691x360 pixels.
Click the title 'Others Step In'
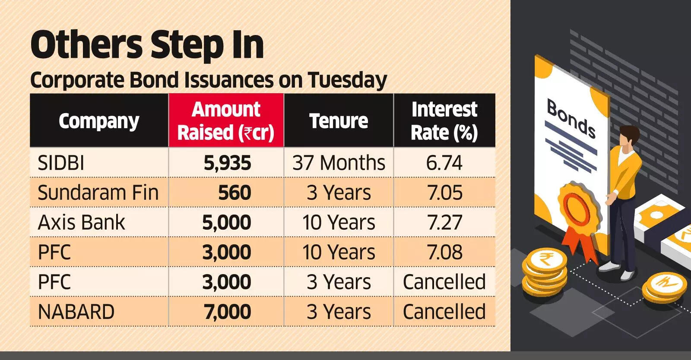pos(147,45)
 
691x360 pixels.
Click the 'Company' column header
pos(99,121)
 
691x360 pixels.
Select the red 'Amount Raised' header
pos(226,121)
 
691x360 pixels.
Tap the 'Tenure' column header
pos(339,121)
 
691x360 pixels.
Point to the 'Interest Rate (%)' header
pos(444,121)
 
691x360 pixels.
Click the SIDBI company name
pos(61,163)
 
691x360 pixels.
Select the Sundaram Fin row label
pos(98,193)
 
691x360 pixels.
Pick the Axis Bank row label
pos(81,223)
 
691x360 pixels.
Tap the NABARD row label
pos(76,312)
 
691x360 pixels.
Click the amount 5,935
pos(227,163)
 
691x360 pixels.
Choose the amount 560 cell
pos(235,193)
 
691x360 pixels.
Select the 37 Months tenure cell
pos(339,163)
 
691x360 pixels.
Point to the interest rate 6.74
pos(444,163)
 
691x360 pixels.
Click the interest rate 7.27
pos(444,223)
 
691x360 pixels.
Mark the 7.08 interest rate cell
pos(444,253)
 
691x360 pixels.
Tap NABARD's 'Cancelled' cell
pos(444,312)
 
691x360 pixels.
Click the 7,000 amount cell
pos(227,312)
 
